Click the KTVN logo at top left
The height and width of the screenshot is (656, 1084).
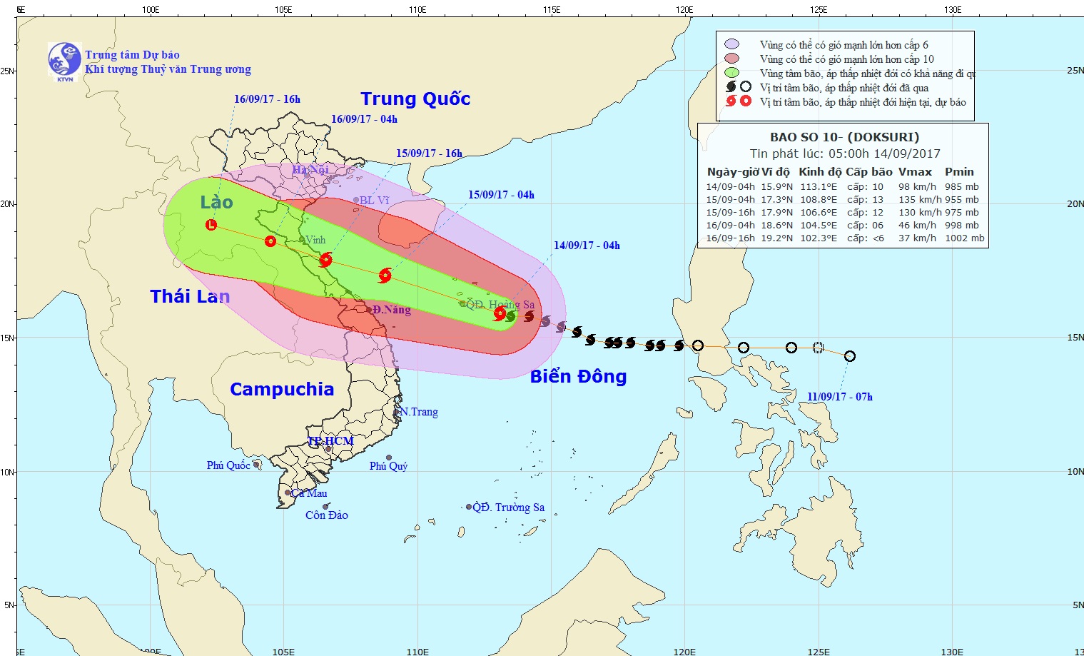(64, 60)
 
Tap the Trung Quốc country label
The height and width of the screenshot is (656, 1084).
(415, 99)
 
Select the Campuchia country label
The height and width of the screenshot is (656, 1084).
(282, 389)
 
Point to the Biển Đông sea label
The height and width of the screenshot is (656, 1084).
(578, 376)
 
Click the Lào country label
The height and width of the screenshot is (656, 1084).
(216, 202)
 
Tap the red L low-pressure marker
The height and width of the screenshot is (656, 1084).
(211, 225)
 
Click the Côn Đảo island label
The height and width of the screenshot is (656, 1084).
(327, 515)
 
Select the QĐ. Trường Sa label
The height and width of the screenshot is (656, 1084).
(509, 508)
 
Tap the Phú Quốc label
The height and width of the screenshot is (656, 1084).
(228, 465)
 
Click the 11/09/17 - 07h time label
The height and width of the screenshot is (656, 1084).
(840, 397)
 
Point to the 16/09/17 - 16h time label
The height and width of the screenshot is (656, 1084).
(267, 99)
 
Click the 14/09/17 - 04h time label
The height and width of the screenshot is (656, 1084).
(587, 246)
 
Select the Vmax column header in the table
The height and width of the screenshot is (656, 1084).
(915, 172)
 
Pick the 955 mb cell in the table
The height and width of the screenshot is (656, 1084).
(962, 200)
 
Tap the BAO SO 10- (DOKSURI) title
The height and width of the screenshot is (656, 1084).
(844, 137)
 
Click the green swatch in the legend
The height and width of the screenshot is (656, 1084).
(731, 73)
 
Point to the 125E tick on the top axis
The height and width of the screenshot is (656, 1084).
(819, 10)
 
